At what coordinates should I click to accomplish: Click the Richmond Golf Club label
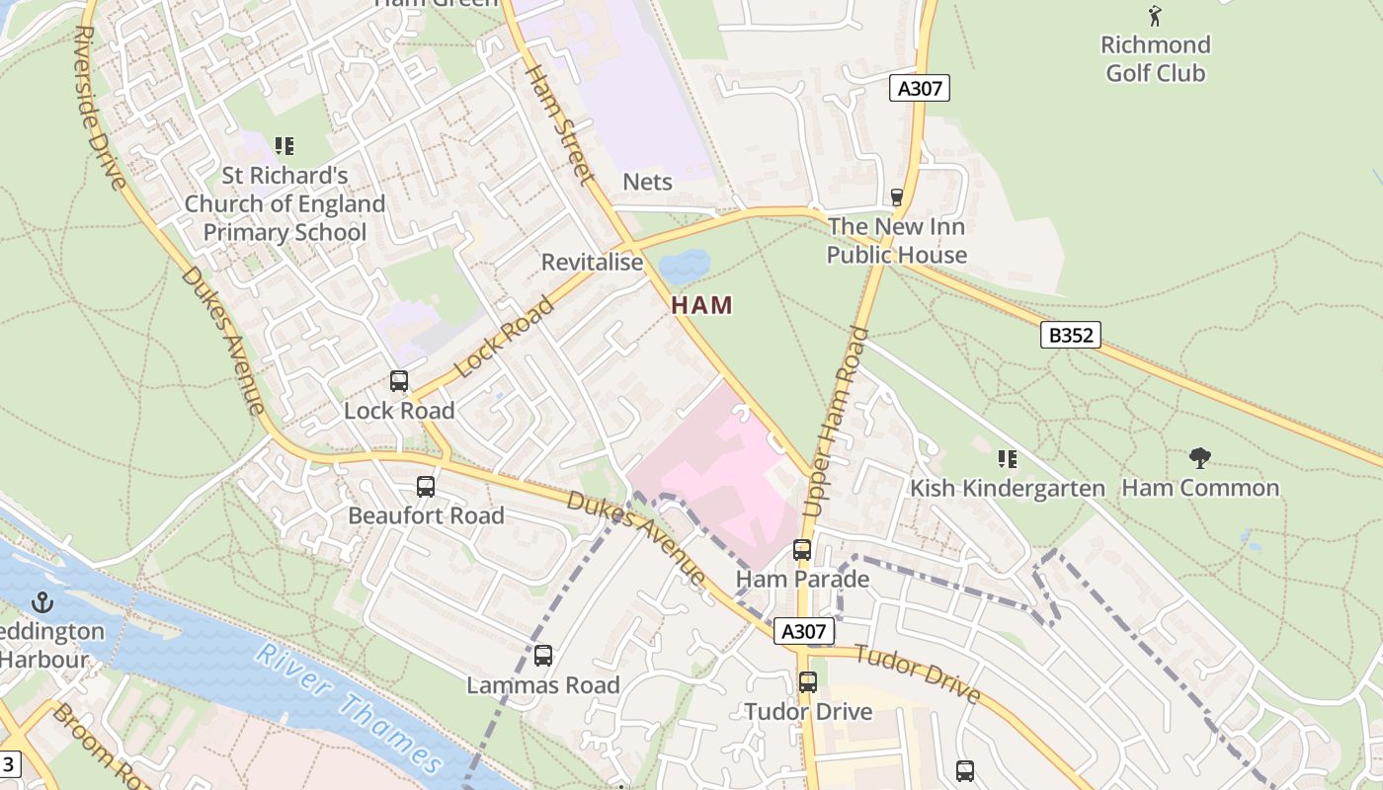(x=1155, y=58)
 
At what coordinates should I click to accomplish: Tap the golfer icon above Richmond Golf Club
(x=1155, y=16)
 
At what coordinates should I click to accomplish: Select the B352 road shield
(x=1071, y=335)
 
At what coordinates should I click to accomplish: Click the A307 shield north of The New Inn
(x=920, y=88)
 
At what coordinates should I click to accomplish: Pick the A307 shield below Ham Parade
(x=804, y=632)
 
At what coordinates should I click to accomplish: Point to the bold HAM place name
(x=702, y=305)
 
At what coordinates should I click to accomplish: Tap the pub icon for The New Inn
(x=897, y=197)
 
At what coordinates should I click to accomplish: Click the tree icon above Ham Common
(x=1200, y=458)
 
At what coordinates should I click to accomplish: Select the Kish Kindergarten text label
(x=1007, y=488)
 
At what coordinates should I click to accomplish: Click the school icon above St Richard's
(x=285, y=147)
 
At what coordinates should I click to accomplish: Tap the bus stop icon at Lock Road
(x=399, y=381)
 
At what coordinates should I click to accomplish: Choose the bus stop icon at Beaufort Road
(x=426, y=486)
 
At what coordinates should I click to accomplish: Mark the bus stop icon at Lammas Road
(x=543, y=656)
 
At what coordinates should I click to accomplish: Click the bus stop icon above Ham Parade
(x=802, y=550)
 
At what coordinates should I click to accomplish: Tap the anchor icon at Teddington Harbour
(x=42, y=601)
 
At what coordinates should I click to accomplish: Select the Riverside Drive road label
(x=99, y=107)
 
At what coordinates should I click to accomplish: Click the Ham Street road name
(x=559, y=123)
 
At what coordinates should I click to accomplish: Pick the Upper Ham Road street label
(x=835, y=422)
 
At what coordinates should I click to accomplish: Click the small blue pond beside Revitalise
(x=685, y=265)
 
